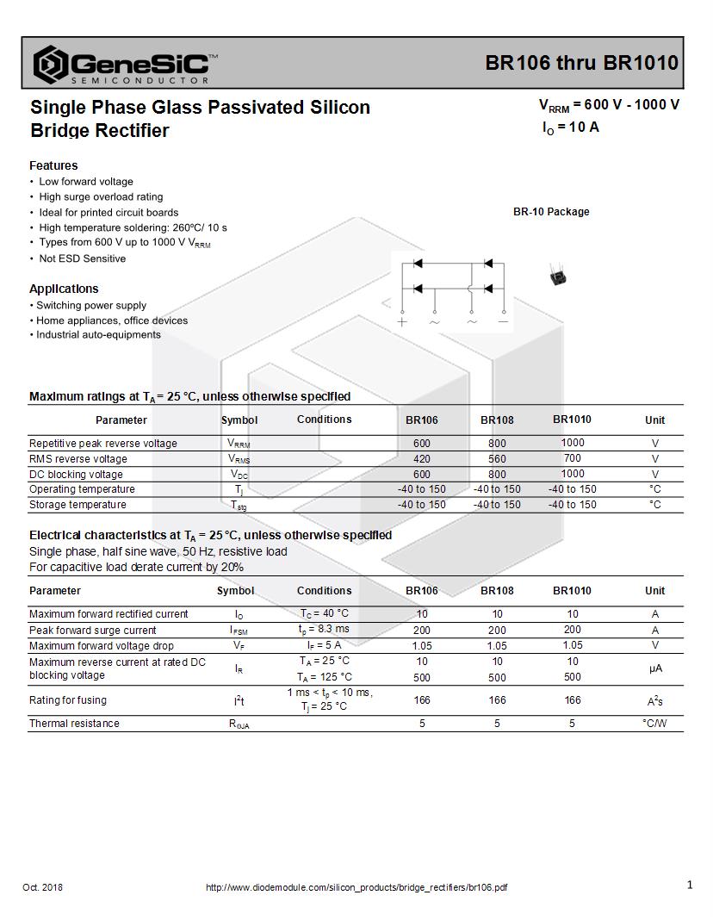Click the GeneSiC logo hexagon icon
point(50,64)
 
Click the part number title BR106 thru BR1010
point(581,63)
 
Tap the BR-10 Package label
point(551,212)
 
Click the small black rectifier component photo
point(558,276)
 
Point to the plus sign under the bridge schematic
point(402,322)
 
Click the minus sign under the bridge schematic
point(504,322)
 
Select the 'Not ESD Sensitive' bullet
point(82,258)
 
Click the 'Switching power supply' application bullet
point(91,306)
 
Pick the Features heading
point(53,165)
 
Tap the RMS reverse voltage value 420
point(422,459)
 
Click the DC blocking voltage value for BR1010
point(572,474)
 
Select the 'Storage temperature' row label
point(77,505)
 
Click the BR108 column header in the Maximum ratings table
point(497,420)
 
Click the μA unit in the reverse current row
point(655,668)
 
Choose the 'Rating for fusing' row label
point(68,700)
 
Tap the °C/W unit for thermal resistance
point(654,724)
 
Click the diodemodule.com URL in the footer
point(356,888)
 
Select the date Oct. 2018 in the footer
point(42,887)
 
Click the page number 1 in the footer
point(690,885)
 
